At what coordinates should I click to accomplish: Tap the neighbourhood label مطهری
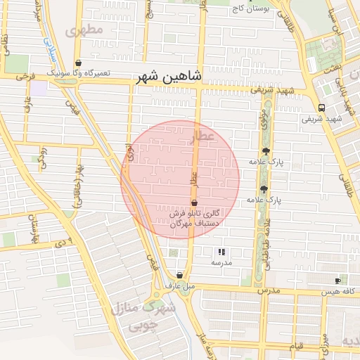click(84, 30)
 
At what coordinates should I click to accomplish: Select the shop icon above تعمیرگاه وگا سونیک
click(78, 63)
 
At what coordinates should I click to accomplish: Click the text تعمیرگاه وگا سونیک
click(78, 72)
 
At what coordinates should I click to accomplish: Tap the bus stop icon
click(321, 108)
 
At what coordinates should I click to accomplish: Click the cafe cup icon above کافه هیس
click(337, 281)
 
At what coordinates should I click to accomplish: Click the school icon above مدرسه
click(221, 252)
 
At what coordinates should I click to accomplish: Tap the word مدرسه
click(221, 262)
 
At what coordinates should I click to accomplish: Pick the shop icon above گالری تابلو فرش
click(193, 202)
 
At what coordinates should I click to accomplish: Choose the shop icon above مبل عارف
click(181, 276)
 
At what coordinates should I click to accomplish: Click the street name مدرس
click(269, 290)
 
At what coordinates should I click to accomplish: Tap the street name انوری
click(129, 155)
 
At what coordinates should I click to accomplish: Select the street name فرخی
click(25, 75)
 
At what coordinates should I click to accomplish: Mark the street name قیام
click(299, 346)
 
